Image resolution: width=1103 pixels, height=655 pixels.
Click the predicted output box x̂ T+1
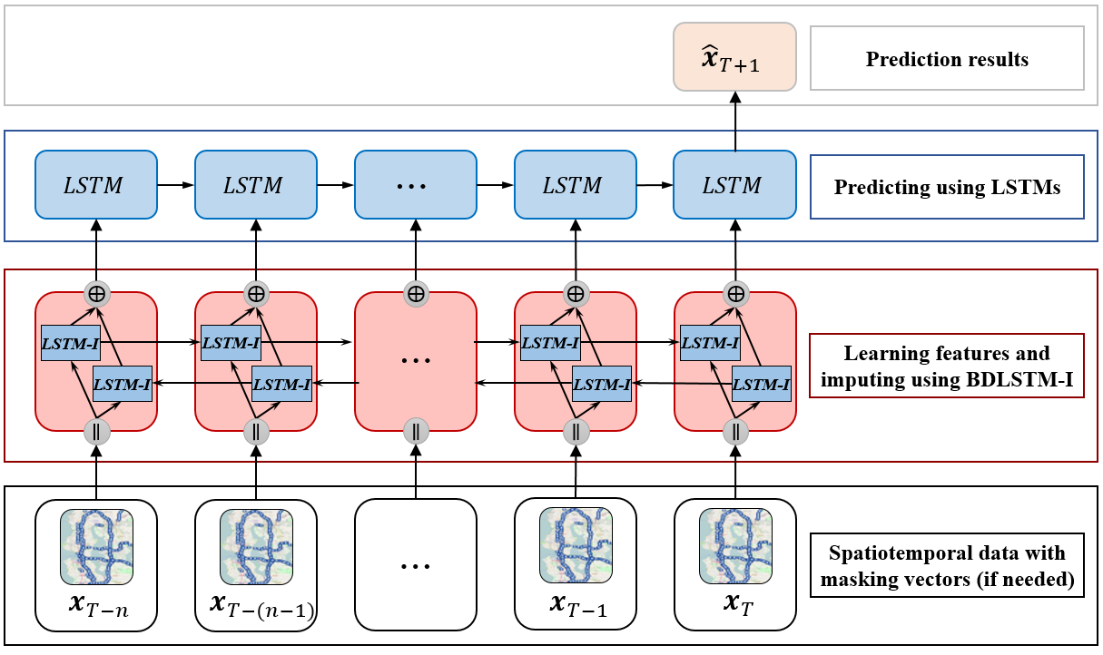click(734, 56)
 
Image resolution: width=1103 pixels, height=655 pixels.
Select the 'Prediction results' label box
click(947, 59)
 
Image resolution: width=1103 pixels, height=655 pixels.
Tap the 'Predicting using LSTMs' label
click(947, 189)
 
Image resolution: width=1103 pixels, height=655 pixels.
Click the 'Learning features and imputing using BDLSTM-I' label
click(947, 367)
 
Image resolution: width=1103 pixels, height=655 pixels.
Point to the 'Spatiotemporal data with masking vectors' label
click(947, 565)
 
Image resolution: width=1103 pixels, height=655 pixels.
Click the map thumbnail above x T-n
click(96, 545)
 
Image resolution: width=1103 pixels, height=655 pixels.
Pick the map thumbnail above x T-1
click(576, 545)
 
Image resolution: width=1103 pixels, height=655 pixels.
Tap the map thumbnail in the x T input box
click(734, 545)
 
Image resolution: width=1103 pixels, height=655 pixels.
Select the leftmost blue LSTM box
click(96, 185)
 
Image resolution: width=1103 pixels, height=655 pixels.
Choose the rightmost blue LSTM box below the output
click(734, 185)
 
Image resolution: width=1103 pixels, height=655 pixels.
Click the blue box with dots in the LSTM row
click(416, 185)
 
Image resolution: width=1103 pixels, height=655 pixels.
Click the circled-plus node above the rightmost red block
click(735, 293)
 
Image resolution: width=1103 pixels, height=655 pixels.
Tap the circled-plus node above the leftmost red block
click(97, 293)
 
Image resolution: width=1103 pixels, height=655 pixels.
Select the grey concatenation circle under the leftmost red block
click(96, 430)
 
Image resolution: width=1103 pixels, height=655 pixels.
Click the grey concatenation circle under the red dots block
click(416, 430)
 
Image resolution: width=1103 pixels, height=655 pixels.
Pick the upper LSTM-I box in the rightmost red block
click(710, 344)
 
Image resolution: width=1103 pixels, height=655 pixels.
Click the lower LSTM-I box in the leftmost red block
click(123, 385)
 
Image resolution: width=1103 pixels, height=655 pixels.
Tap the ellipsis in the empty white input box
click(416, 565)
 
